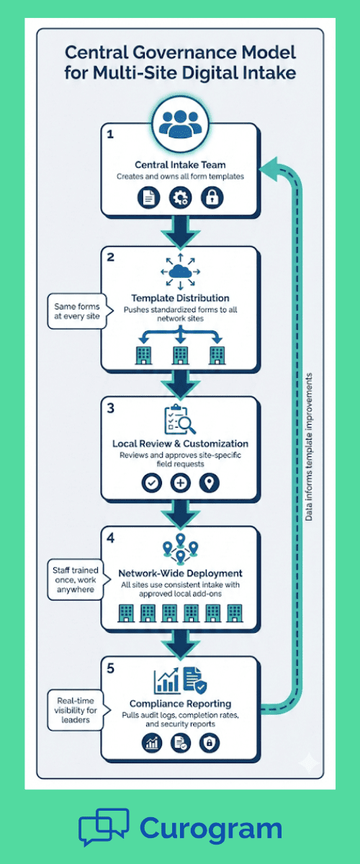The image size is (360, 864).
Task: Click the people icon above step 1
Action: click(180, 120)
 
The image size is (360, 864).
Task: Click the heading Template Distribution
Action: click(180, 297)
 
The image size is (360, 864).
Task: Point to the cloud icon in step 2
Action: click(180, 272)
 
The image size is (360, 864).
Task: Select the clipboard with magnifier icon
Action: click(180, 419)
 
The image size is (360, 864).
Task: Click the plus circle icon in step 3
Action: click(180, 482)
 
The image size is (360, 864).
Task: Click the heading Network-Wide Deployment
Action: click(180, 574)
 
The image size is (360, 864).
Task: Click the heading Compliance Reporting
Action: click(180, 703)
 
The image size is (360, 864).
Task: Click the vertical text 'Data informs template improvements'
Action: click(309, 446)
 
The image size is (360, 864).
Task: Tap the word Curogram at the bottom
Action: click(210, 828)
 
